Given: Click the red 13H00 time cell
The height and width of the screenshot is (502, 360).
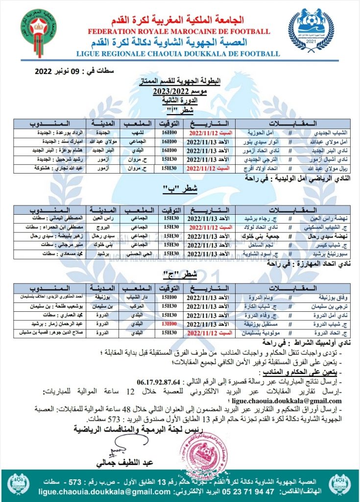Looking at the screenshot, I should tap(170, 324).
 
